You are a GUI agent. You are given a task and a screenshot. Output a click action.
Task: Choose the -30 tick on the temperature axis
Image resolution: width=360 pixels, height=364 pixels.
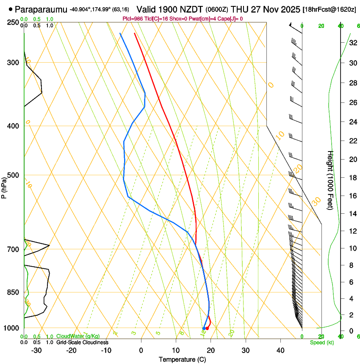(36, 350)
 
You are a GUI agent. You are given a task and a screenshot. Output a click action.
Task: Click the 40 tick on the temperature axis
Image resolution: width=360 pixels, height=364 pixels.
(280, 350)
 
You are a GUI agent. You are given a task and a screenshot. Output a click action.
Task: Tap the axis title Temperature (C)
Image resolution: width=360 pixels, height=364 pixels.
(182, 359)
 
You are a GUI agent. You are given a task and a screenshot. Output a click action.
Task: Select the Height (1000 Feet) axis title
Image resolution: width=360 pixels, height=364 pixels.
(331, 180)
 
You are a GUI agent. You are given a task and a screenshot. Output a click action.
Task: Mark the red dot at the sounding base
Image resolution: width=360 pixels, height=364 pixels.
(207, 328)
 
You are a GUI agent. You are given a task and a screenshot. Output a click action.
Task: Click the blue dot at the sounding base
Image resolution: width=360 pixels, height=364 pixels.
(204, 328)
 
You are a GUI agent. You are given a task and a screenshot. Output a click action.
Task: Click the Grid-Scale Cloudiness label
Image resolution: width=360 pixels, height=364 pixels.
(82, 342)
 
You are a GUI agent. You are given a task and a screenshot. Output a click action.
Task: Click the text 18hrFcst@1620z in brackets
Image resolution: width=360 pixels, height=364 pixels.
(330, 9)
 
